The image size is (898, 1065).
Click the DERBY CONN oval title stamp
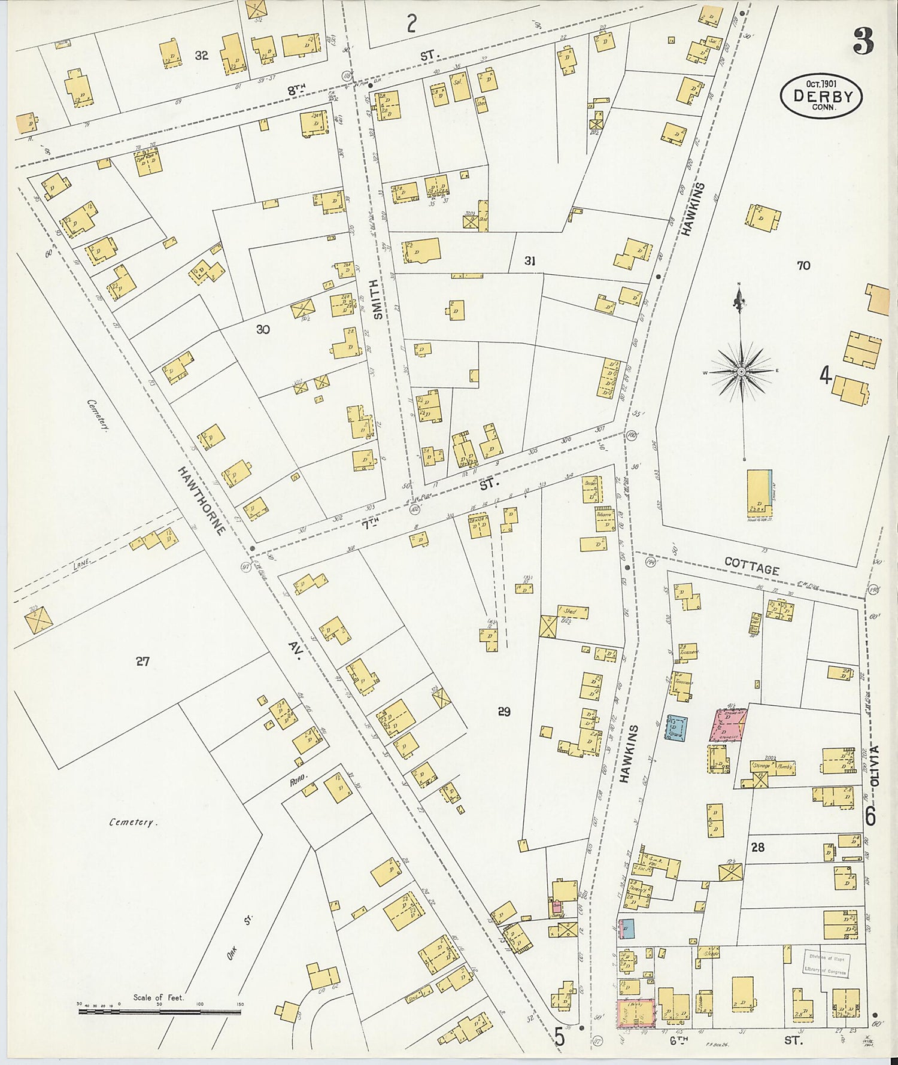click(x=821, y=95)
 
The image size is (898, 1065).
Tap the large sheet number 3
click(x=863, y=41)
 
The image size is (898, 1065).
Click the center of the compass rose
click(x=741, y=372)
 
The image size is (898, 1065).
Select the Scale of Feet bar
click(x=159, y=1011)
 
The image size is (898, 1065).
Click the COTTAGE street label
click(x=751, y=566)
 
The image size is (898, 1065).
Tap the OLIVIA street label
click(x=875, y=765)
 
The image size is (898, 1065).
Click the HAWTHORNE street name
click(x=202, y=500)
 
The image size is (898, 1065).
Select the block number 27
click(x=142, y=662)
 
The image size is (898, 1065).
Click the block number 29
click(x=504, y=711)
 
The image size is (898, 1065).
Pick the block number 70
click(x=803, y=265)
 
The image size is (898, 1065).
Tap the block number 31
click(x=529, y=260)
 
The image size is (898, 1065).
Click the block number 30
click(x=263, y=329)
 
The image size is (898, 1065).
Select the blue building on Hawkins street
click(x=677, y=727)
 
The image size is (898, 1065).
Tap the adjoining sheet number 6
click(x=870, y=816)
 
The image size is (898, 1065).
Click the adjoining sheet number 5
click(x=559, y=1037)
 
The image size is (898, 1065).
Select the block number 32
click(x=202, y=55)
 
